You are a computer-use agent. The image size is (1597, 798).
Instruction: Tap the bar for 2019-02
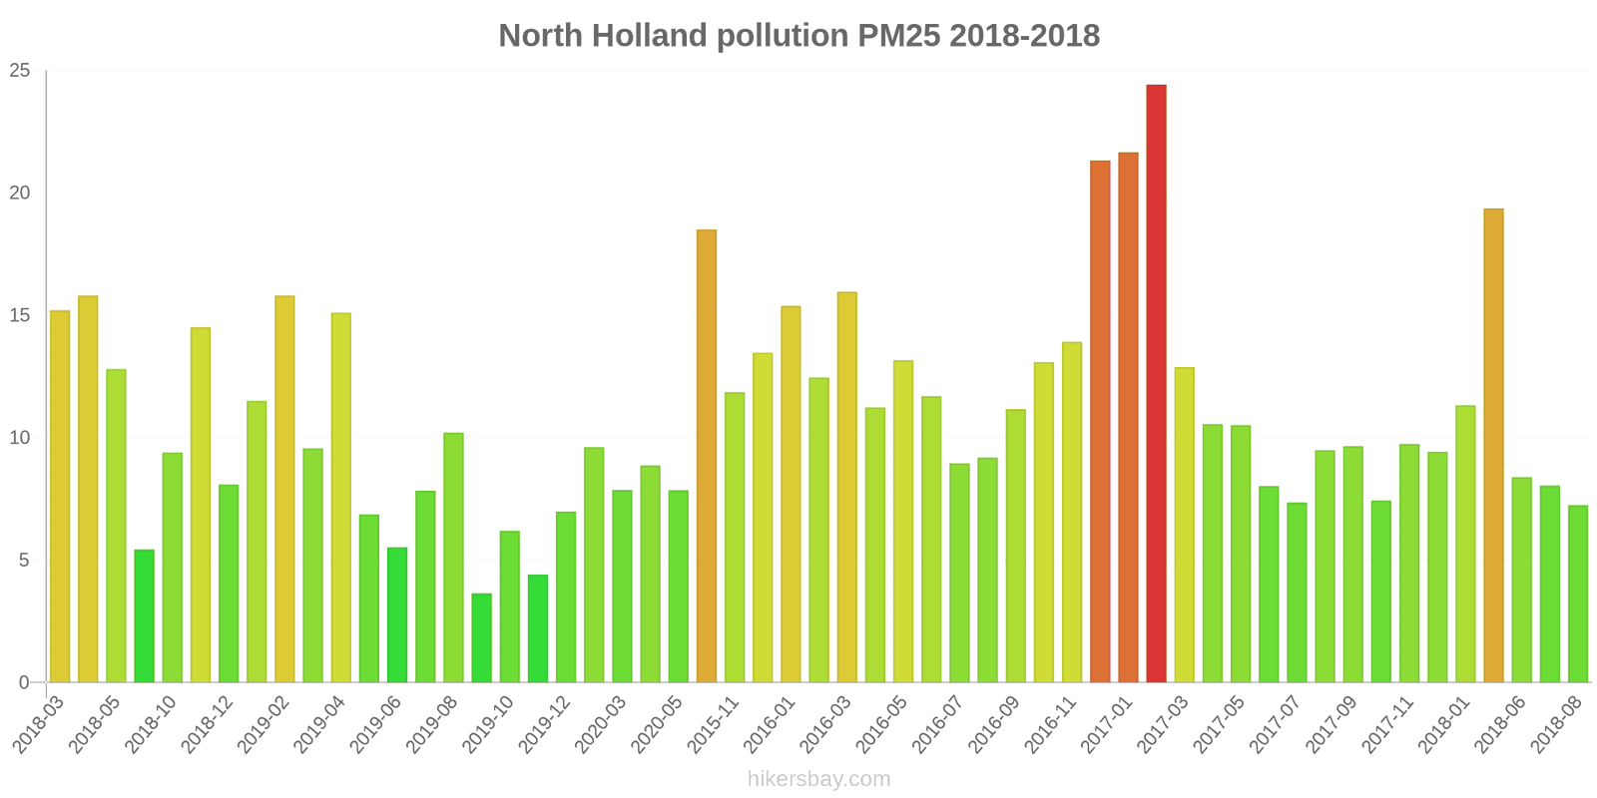(x=284, y=489)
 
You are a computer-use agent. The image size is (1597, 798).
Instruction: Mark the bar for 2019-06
(x=397, y=614)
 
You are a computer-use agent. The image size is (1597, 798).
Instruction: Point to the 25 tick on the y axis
(x=20, y=71)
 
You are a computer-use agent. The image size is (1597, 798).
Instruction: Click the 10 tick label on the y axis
(x=20, y=438)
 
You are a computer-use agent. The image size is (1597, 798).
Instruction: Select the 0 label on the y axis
(x=25, y=683)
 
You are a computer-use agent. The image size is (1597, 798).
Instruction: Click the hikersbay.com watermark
(x=818, y=779)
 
